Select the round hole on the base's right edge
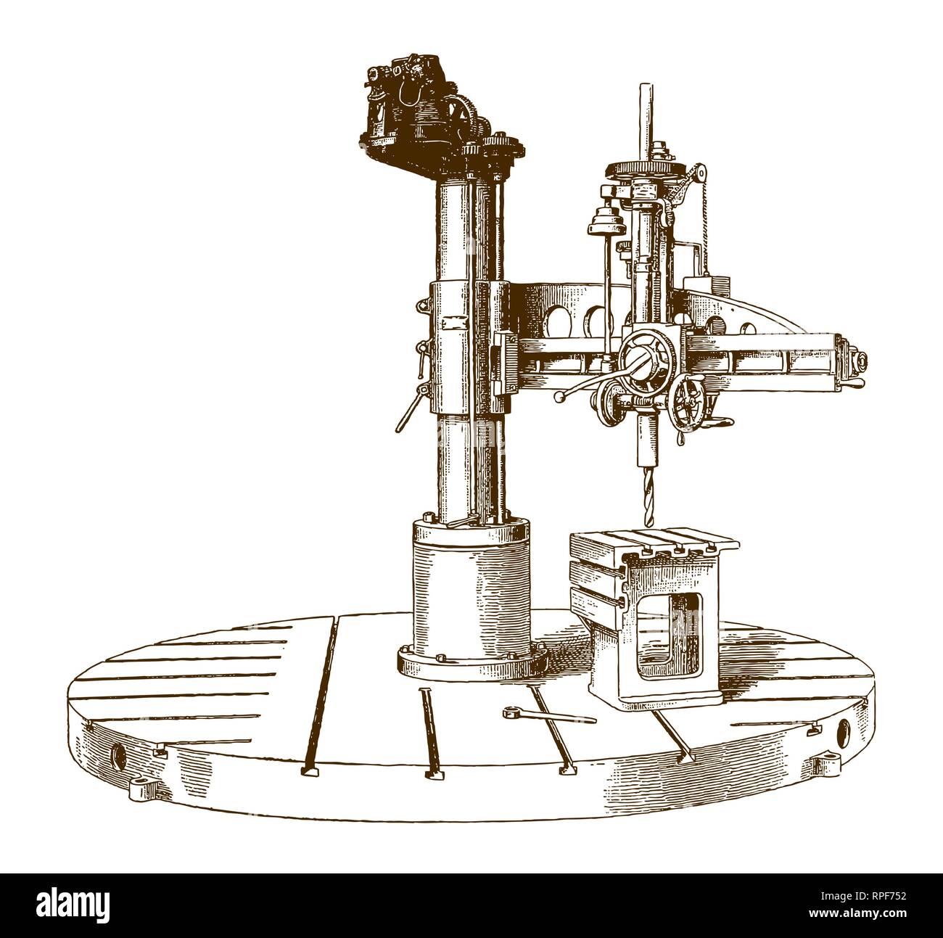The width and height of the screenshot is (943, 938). click(x=842, y=732)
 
